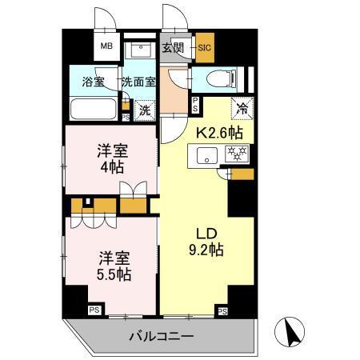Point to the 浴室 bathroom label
tap(94, 82)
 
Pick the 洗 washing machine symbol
tap(145, 110)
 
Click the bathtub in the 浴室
tap(93, 108)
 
